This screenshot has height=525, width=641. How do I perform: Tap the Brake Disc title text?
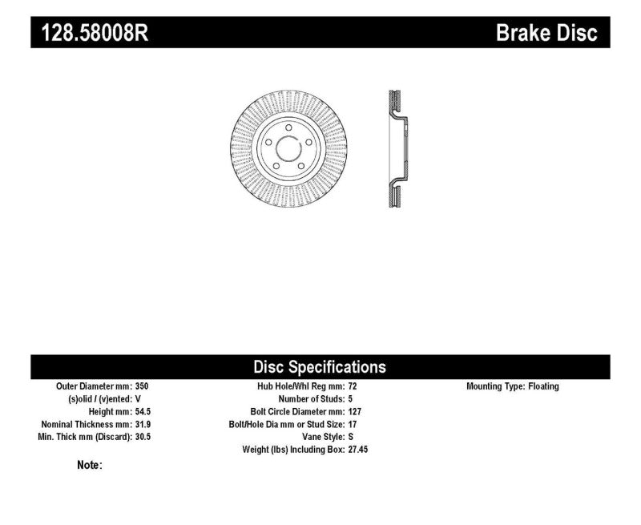point(546,33)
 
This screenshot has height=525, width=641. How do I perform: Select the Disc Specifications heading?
point(320,367)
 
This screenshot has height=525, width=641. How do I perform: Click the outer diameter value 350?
point(141,386)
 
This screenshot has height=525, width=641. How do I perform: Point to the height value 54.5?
point(143,411)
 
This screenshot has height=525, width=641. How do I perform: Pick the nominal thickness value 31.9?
point(143,424)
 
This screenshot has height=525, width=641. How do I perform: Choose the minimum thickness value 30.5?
point(143,437)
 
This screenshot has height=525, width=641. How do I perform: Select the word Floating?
point(543,386)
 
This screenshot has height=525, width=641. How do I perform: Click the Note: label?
point(89,465)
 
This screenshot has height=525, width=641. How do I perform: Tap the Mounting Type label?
point(495,386)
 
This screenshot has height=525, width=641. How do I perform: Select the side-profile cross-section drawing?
point(395,149)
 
